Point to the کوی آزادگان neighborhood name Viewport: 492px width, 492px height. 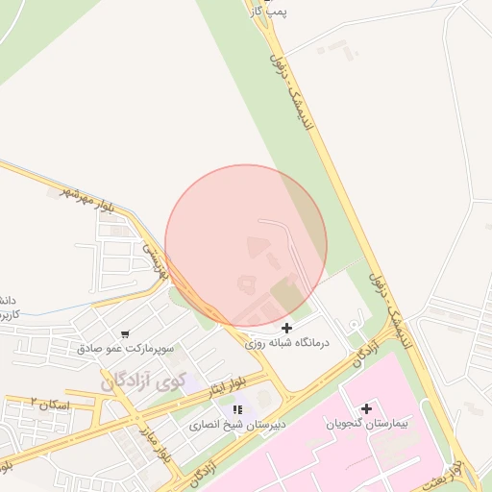142,380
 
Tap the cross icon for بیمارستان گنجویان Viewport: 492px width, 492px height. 366,408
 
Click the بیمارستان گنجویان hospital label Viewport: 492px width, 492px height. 366,423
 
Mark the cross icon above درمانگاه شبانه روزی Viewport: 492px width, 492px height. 286,329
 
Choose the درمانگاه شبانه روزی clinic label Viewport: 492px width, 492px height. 286,342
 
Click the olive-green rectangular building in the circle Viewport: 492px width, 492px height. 285,292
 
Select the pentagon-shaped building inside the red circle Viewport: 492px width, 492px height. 245,283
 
